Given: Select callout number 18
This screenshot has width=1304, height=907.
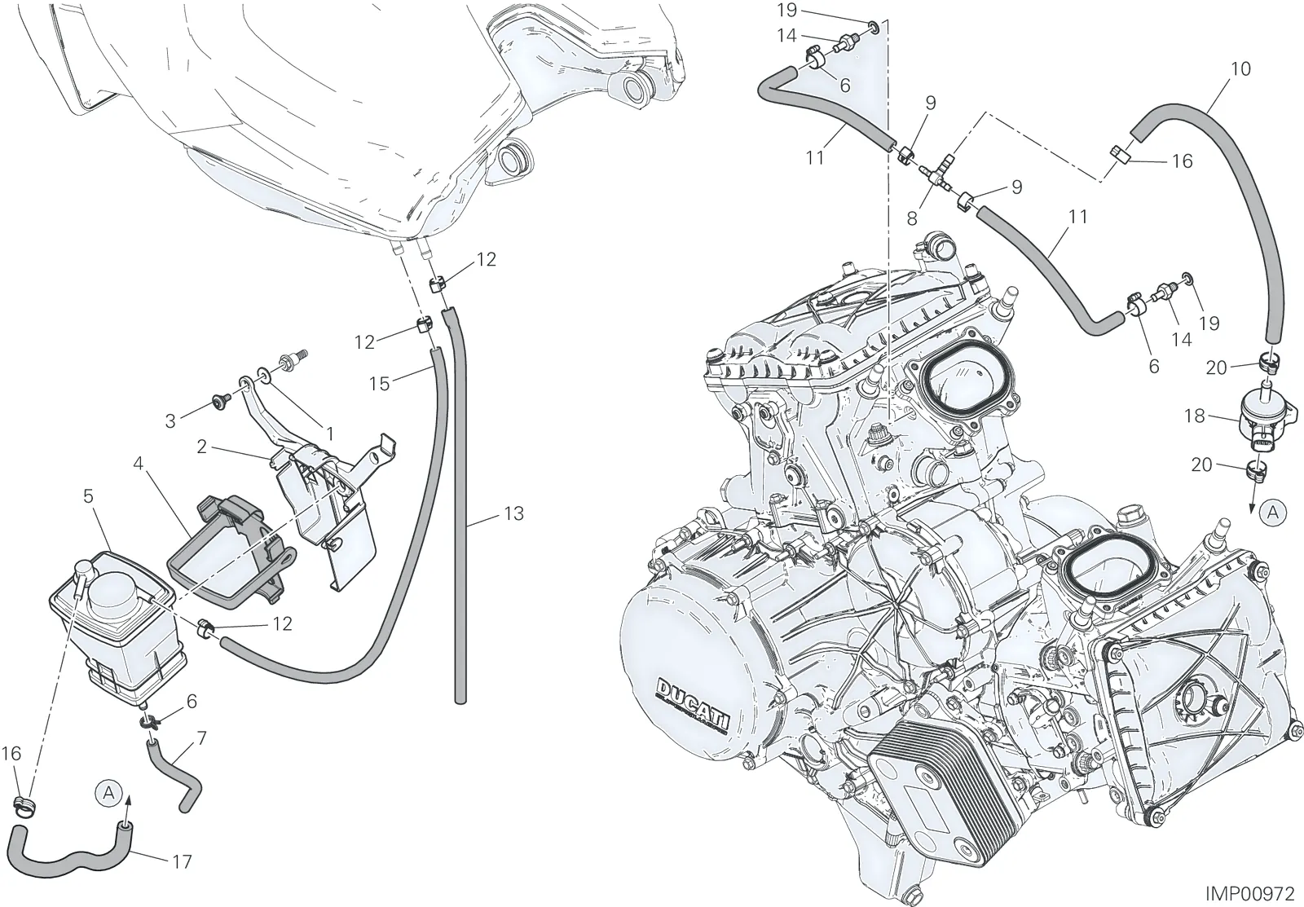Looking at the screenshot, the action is pos(1195,416).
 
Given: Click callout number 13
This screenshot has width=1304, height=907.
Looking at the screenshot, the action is pos(514,513).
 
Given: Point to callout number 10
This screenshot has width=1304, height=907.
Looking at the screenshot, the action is pos(1241,68).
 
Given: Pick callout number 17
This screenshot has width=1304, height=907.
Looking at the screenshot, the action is pos(183,861).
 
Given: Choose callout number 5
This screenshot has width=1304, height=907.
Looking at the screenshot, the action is pos(88,496).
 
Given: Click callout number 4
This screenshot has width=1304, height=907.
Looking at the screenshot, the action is pos(138,464).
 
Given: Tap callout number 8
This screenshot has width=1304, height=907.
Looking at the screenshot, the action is pos(912,218).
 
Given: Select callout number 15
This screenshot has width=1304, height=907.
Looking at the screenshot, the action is pos(379,384).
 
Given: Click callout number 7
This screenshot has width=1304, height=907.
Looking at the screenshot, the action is pos(202,738).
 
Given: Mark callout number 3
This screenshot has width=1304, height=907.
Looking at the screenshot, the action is pos(170,421).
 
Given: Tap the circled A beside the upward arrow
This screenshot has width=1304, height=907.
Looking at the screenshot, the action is pos(108,792).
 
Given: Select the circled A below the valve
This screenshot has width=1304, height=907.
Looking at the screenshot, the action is pos(1272,513).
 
